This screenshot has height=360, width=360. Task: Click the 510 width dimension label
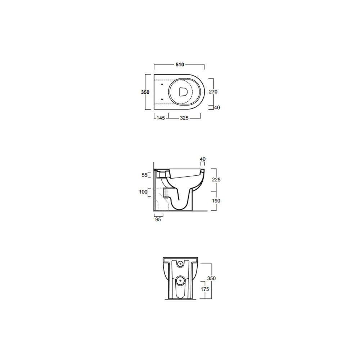tap(180, 65)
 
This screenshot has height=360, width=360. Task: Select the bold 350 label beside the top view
tap(145, 92)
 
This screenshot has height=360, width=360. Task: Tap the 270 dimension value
tap(213, 91)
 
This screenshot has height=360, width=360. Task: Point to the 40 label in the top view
tap(217, 107)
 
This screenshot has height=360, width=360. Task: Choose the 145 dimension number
tap(161, 118)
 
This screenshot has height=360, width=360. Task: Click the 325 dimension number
tap(184, 118)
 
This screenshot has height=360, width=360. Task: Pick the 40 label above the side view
tap(203, 159)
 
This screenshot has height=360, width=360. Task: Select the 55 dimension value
tap(144, 175)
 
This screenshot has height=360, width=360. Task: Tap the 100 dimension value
tap(143, 192)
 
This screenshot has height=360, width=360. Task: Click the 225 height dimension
tap(216, 180)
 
